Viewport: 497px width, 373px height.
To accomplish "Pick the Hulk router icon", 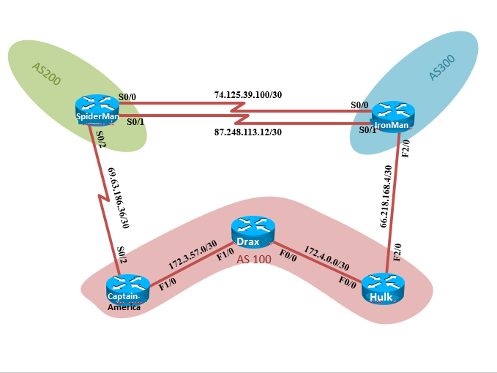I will tap(383, 288).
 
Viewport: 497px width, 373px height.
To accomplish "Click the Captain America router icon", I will tap(127, 289).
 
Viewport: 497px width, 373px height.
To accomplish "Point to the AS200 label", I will tap(46, 76).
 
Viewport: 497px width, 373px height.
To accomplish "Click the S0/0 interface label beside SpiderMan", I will tap(127, 96).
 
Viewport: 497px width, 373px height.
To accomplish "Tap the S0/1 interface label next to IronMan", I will tap(367, 129).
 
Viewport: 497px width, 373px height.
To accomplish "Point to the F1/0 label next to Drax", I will tap(225, 252).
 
